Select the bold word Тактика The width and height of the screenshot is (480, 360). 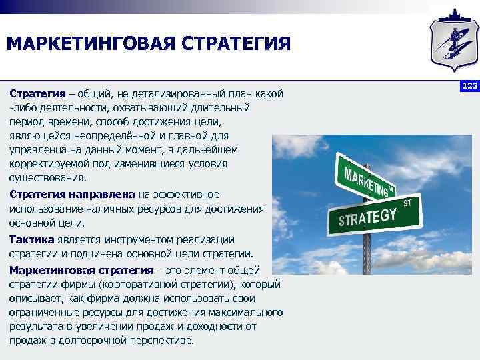(31, 239)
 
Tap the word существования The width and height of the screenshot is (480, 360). (47, 179)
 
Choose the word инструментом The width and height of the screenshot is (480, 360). (129, 239)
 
